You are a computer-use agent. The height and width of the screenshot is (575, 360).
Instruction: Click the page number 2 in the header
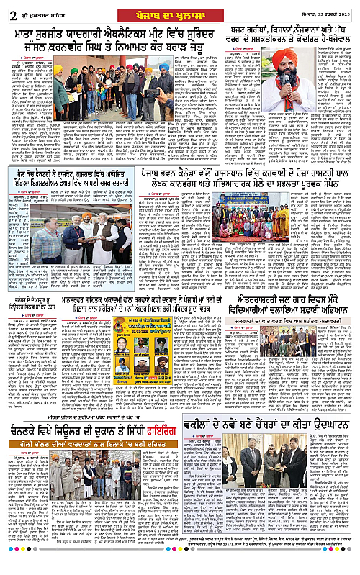8,7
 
